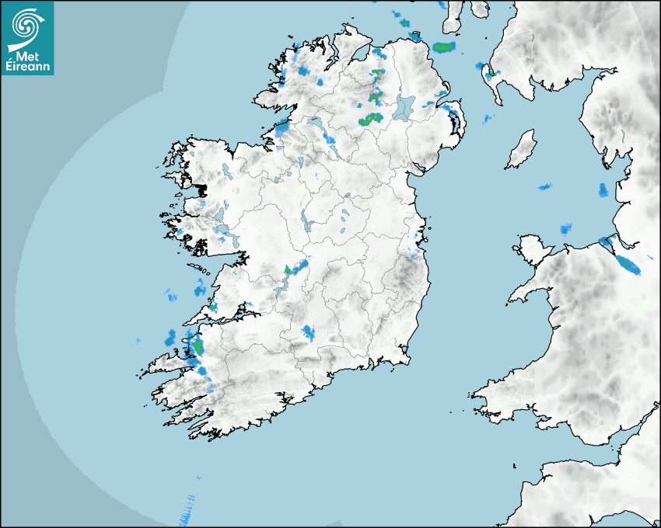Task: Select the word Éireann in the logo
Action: tap(28, 68)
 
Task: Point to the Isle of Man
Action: tap(522, 149)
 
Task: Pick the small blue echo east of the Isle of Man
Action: tap(603, 189)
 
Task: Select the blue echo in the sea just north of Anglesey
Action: tap(566, 228)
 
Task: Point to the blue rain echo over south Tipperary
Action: tap(309, 333)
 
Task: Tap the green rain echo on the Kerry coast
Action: tap(198, 346)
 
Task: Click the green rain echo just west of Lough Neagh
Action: tap(367, 120)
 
